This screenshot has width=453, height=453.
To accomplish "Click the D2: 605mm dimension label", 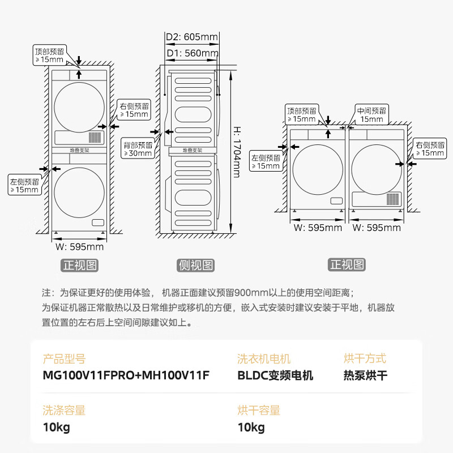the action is [192, 37].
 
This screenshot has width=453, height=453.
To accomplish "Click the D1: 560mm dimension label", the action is [193, 53].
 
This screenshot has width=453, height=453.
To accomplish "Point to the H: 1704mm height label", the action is [237, 152].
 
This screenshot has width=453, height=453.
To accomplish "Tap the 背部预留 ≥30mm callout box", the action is [138, 149].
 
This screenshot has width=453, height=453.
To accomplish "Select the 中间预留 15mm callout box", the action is [371, 115].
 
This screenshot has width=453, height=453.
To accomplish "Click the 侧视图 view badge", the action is [195, 265].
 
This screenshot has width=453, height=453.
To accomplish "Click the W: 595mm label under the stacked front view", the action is [79, 247].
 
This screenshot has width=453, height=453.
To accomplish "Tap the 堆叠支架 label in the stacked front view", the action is [79, 151].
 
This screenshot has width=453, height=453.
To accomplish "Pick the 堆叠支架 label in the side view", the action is [193, 151].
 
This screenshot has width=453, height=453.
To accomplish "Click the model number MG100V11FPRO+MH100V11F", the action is [126, 375].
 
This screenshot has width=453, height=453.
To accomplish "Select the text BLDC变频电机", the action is [275, 375].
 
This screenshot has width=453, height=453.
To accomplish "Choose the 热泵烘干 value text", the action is [365, 375].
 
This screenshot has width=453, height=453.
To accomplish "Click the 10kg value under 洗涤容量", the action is [56, 427].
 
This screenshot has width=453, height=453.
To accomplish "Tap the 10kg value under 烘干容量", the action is [251, 427].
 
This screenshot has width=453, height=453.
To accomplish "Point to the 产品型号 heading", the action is [64, 359].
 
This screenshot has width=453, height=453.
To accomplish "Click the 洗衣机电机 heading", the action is [264, 359].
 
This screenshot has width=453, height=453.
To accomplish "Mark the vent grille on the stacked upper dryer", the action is [95, 138].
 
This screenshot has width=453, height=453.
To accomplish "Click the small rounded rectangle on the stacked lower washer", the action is [98, 223].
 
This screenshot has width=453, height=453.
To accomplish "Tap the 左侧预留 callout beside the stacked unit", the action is [25, 185].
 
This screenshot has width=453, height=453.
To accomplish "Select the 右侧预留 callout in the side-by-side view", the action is [430, 148].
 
